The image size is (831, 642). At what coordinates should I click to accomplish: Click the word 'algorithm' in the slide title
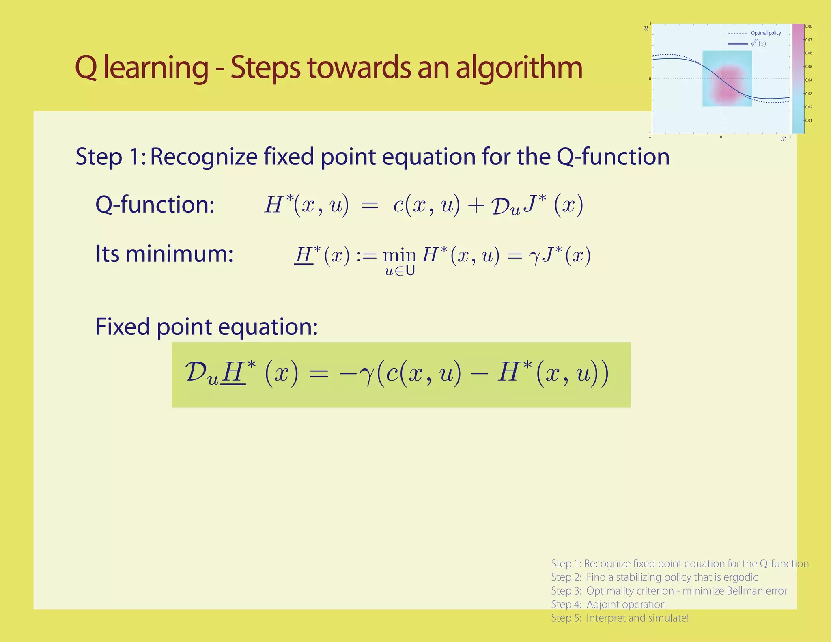[x=519, y=68]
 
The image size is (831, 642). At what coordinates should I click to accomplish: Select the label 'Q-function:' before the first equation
[x=155, y=204]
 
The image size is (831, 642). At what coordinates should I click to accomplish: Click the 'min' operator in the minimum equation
[x=399, y=256]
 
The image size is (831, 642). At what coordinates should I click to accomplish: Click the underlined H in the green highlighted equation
[x=233, y=372]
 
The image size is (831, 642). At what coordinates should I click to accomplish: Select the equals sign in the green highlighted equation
[x=318, y=374]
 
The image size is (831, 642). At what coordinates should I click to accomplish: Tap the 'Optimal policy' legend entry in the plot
[x=766, y=33]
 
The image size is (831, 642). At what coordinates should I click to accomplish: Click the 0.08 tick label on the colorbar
[x=809, y=27]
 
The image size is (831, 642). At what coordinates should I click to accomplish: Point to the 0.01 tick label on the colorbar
[x=809, y=121]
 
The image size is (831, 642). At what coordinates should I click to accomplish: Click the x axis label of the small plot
[x=784, y=139]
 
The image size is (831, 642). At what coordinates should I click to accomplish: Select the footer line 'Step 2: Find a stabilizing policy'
[x=654, y=577]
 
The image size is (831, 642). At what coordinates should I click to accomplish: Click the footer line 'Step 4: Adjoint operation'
[x=608, y=604]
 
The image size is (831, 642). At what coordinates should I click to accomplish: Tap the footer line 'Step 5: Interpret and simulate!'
[x=620, y=618]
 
